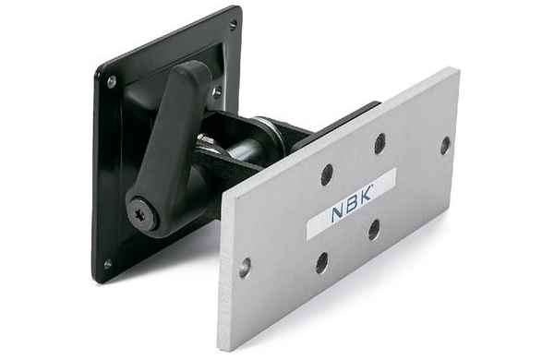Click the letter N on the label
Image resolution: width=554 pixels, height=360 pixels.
(x=338, y=214)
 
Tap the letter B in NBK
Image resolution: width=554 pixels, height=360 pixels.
(x=353, y=204)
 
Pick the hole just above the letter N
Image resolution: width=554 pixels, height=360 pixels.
(x=327, y=174)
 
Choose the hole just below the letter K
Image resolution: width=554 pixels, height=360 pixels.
(x=373, y=229)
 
